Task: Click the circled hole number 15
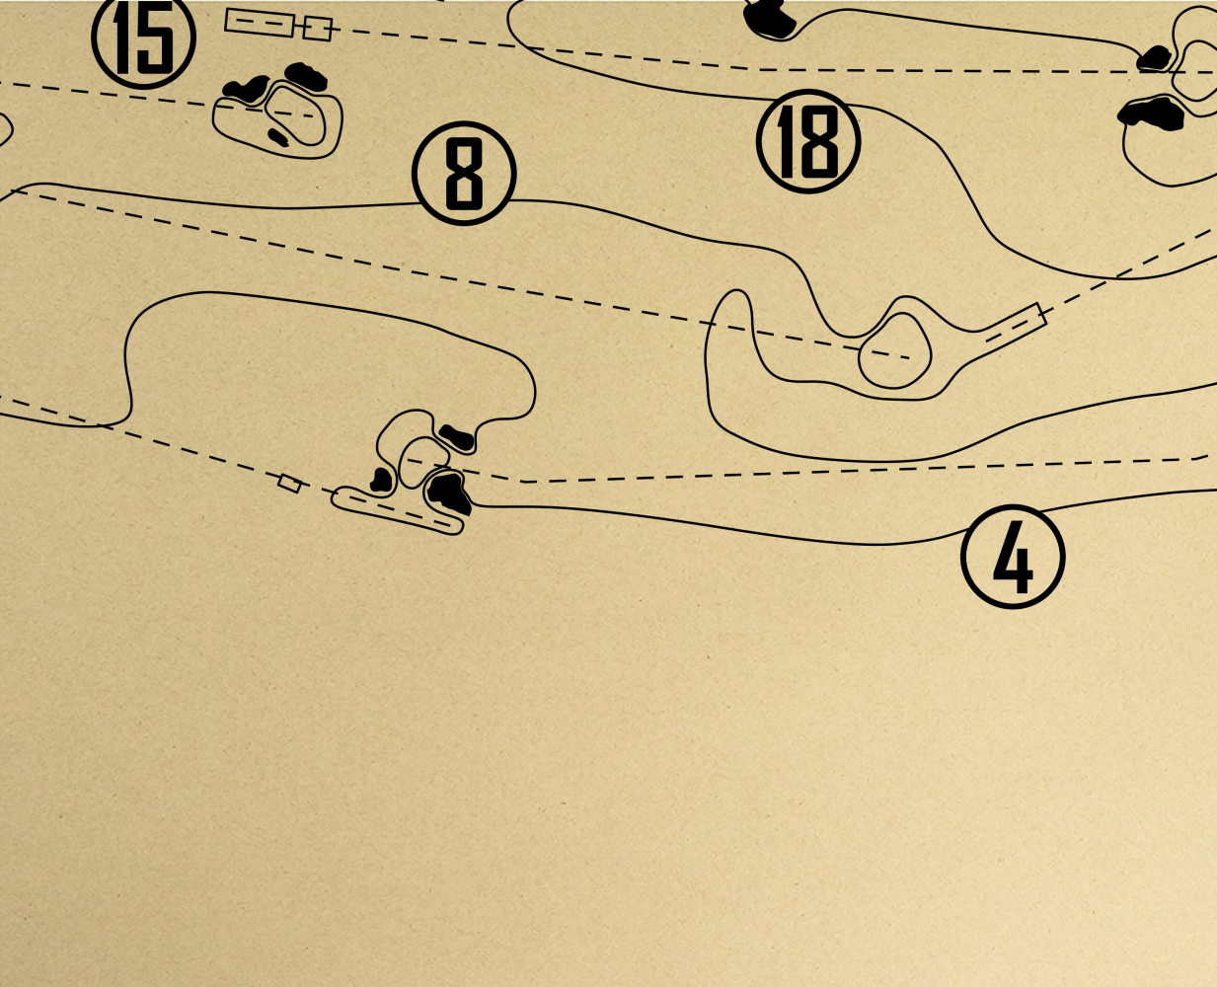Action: click(144, 38)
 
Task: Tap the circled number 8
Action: click(464, 173)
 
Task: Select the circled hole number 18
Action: click(808, 141)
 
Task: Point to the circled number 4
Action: click(1013, 557)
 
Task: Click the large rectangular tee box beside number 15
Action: click(260, 23)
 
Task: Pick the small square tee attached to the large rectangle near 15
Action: click(317, 29)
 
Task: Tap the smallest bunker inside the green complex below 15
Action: click(278, 137)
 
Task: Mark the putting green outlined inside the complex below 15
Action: click(295, 115)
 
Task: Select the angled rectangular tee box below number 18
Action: click(1015, 325)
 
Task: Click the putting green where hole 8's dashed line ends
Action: click(895, 350)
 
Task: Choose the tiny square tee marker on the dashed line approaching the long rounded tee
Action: click(289, 484)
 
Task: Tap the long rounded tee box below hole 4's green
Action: click(398, 510)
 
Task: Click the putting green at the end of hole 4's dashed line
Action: click(424, 462)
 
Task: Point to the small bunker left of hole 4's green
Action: click(381, 480)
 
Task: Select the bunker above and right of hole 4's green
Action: click(456, 437)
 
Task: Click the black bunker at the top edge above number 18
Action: click(770, 19)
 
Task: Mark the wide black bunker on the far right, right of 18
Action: click(1150, 114)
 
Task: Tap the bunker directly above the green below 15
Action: click(306, 77)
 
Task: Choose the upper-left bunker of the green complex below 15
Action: click(246, 90)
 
